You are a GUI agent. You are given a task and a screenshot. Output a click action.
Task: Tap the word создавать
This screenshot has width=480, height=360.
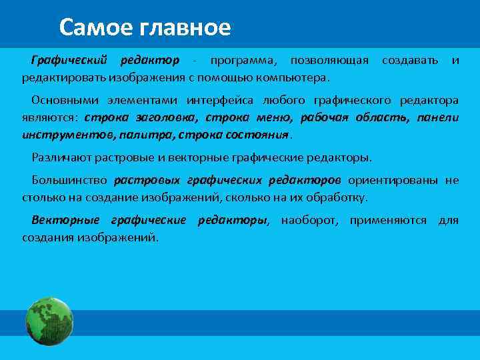(x=410, y=61)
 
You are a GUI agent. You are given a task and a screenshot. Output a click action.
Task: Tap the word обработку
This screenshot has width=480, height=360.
(x=337, y=197)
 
